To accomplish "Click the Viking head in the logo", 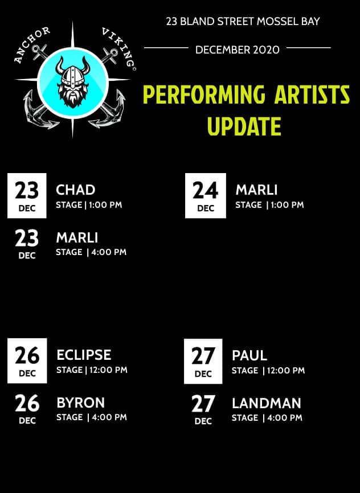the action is [x=73, y=82].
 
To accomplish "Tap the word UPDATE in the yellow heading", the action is [x=244, y=126].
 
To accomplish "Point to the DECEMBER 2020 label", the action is [x=238, y=50].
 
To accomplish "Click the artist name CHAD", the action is [x=76, y=190].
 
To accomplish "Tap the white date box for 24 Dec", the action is [x=206, y=196].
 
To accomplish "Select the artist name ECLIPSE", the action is [x=84, y=355].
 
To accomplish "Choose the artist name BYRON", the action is [x=80, y=402].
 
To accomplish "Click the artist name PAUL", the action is [x=249, y=356].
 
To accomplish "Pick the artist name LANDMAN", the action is [x=267, y=404].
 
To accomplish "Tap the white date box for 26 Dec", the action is [x=27, y=360].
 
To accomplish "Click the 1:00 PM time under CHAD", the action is [x=105, y=205].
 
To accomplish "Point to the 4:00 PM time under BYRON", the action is [x=109, y=417].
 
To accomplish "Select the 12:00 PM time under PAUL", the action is [x=286, y=371].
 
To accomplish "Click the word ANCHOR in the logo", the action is [x=31, y=44].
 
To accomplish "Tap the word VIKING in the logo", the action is [x=119, y=47].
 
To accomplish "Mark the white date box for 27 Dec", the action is [x=203, y=361].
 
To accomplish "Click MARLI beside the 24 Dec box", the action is [x=256, y=190].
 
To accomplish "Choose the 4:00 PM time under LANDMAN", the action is [x=285, y=418].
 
